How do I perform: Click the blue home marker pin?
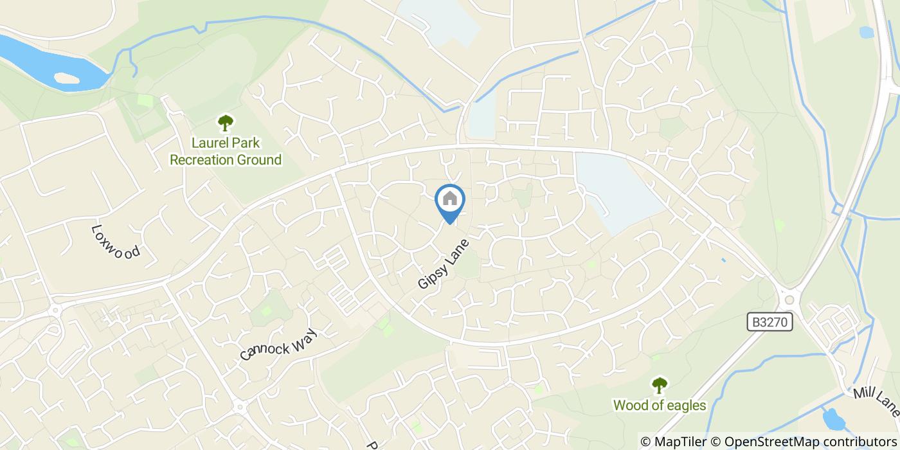[450, 201]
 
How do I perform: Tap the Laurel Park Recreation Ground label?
[226, 151]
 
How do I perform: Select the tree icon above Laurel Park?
[225, 122]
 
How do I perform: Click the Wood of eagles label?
[660, 406]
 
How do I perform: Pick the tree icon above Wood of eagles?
[659, 385]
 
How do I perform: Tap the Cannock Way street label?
[279, 343]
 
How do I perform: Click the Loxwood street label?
[116, 241]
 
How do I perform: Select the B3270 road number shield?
[770, 322]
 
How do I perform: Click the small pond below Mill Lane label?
[834, 419]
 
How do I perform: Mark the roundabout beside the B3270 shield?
[789, 299]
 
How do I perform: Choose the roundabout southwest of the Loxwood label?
[55, 310]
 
